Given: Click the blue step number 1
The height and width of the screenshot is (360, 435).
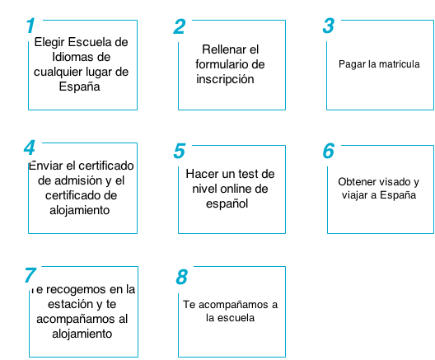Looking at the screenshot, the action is (x=30, y=26).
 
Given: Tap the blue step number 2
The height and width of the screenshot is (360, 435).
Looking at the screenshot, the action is (x=180, y=26).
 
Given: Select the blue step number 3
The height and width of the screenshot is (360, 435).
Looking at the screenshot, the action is (x=329, y=26).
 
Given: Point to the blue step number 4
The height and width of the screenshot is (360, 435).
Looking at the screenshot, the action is (x=30, y=147).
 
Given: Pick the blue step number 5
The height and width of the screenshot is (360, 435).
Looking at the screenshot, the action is (x=180, y=151).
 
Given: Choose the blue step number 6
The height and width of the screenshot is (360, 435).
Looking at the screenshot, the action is (x=329, y=151).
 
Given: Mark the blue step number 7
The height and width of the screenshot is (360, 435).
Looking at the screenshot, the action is (x=30, y=275).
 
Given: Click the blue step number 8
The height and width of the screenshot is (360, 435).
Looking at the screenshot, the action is (x=182, y=277).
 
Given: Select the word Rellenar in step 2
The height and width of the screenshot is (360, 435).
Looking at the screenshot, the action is (x=224, y=49).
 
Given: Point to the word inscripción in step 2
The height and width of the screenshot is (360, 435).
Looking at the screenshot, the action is (x=225, y=80).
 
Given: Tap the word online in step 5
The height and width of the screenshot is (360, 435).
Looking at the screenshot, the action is (x=237, y=189).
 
